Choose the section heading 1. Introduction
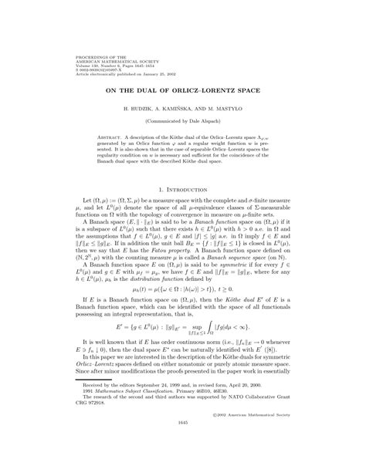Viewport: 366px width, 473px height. pyautogui.click(x=183, y=190)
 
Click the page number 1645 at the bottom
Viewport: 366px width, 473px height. pyautogui.click(x=183, y=444)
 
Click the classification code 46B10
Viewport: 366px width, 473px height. pyautogui.click(x=189, y=406)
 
